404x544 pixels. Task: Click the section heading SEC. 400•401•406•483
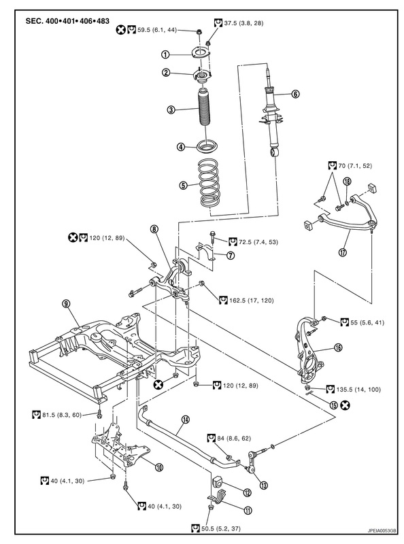click(67, 21)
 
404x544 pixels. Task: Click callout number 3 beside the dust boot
click(171, 110)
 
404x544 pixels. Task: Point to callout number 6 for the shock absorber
click(296, 94)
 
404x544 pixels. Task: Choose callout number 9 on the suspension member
click(65, 303)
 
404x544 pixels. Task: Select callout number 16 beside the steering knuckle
click(338, 347)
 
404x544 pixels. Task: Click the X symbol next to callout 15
click(346, 405)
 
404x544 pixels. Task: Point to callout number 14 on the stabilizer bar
click(186, 420)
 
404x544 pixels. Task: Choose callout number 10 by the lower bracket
click(159, 468)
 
